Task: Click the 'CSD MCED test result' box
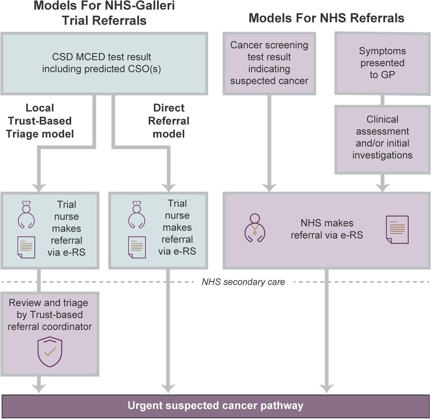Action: (x=104, y=63)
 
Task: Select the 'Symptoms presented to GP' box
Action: (x=382, y=63)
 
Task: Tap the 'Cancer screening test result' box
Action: (x=269, y=63)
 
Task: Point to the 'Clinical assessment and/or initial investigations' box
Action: (x=382, y=137)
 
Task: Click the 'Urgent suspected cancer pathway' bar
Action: (x=215, y=406)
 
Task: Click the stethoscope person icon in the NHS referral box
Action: (x=255, y=229)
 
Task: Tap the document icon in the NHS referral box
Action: (x=397, y=229)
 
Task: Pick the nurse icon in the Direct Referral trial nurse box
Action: (x=137, y=215)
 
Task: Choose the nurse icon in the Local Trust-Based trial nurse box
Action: (x=26, y=215)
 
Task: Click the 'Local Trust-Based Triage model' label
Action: (x=40, y=121)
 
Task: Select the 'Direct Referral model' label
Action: (x=168, y=121)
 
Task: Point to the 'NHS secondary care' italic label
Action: (x=243, y=282)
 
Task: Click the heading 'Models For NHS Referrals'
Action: (x=326, y=18)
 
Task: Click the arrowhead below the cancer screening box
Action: (x=269, y=188)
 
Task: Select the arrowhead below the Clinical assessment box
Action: (x=382, y=188)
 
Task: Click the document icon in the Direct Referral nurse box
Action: (x=137, y=247)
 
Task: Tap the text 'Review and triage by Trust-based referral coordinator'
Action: (x=50, y=314)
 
